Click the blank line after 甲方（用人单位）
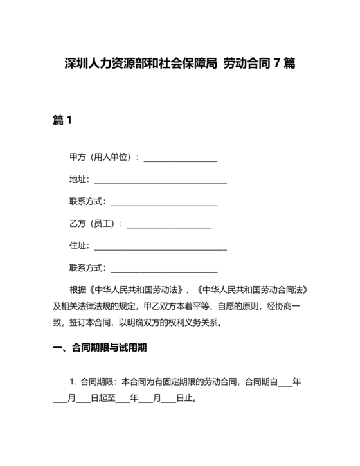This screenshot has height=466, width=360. pyautogui.click(x=181, y=158)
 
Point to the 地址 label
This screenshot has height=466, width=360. pyautogui.click(x=79, y=179)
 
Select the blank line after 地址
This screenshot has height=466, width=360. pyautogui.click(x=161, y=181)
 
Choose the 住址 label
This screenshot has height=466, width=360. pyautogui.click(x=79, y=246)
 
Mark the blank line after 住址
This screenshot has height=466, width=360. pyautogui.click(x=161, y=247)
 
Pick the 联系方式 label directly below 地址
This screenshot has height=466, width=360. pyautogui.click(x=87, y=202)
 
